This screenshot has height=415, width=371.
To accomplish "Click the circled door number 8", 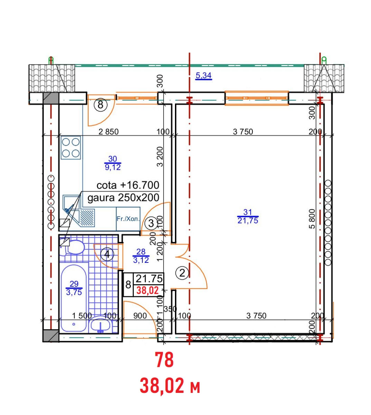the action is pos(100,105).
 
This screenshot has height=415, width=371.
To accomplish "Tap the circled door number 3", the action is pos(151,223).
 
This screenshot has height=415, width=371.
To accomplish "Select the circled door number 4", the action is pos(107,255).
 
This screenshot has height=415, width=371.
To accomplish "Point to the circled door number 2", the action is pos(182,273).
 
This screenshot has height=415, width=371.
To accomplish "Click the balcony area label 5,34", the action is pos(203,76).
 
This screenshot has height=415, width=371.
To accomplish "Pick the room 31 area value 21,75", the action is pos(248,221).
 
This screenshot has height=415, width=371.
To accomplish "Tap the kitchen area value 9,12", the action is pos(113,167).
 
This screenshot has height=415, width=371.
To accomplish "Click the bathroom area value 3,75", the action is pos(74,292).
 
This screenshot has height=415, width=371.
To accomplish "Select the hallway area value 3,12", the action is pos(141,260).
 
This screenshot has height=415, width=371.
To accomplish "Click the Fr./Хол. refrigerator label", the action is pos(128,219).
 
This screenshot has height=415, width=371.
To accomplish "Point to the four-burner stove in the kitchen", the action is pos(71,147).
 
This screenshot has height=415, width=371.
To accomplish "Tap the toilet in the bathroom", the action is pos(74,247).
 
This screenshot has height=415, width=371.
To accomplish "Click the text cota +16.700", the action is pos(128,185).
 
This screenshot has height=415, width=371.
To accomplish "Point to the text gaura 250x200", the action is pos(123,198).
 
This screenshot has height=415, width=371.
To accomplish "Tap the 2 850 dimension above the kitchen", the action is pos(109,132).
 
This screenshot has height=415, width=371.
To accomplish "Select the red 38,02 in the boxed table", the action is pos(148,290).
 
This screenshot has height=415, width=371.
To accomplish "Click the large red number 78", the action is pos(165,360).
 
